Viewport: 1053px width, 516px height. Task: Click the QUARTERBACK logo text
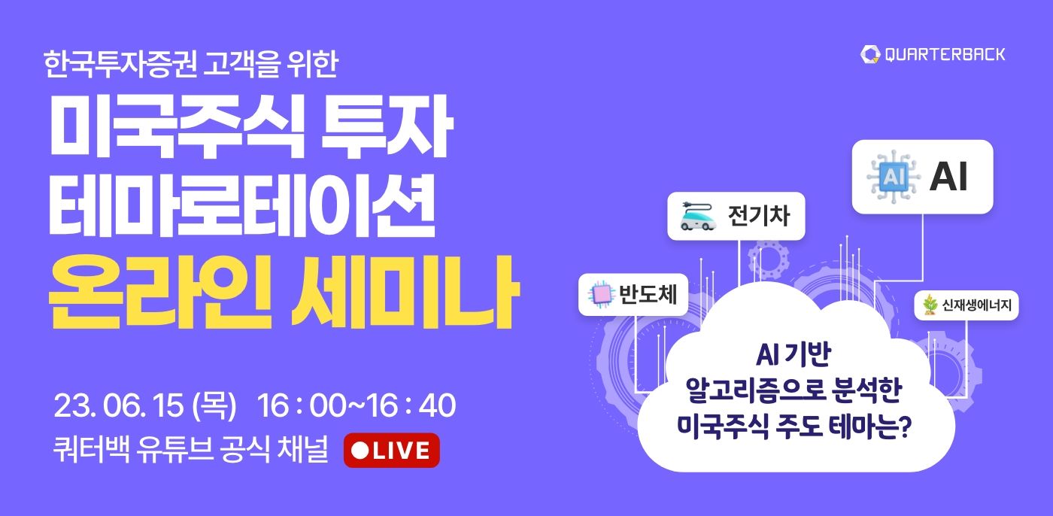coord(945,54)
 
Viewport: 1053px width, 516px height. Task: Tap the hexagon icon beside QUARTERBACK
coord(870,54)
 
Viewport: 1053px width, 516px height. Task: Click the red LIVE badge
coord(392,451)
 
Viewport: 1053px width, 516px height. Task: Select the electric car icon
coord(698,217)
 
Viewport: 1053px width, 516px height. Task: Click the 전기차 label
coord(759,216)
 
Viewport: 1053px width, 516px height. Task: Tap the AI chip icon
coord(894,177)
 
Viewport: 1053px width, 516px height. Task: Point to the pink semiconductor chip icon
coord(602,294)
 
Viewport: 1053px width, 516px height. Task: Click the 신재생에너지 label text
coord(976,305)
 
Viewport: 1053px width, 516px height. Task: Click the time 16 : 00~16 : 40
coord(357,405)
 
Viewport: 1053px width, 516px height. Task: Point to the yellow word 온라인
coord(159,292)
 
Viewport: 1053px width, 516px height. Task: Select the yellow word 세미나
coord(405,292)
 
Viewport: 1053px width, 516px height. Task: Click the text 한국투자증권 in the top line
coord(120,64)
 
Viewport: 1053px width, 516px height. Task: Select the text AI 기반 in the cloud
coord(794,354)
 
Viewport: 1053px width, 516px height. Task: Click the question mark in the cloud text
coord(904,426)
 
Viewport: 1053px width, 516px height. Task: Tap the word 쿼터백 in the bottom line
coord(91,449)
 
